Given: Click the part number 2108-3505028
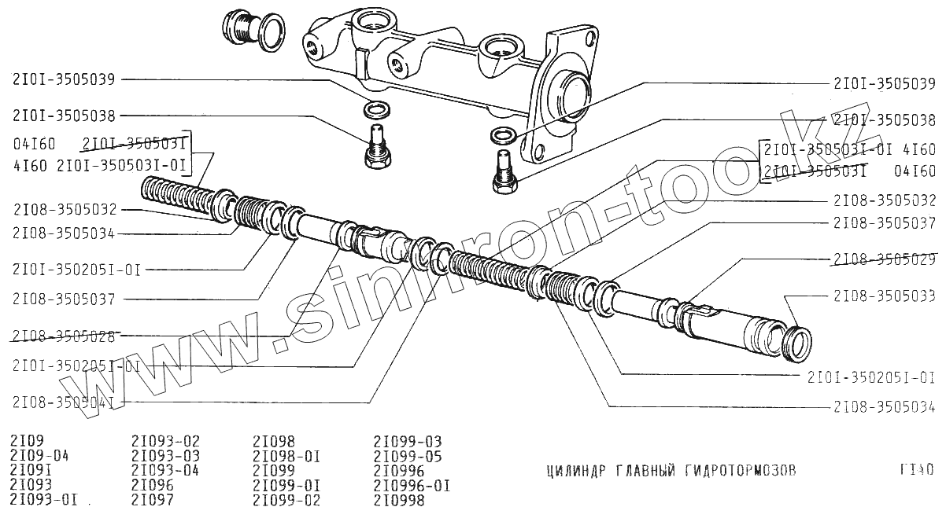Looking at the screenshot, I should tap(64, 336).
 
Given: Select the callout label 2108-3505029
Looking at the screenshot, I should tap(884, 259).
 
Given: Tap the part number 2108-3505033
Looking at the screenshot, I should tap(884, 296).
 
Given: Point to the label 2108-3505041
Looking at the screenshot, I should tap(64, 402).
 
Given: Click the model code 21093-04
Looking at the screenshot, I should tap(165, 471).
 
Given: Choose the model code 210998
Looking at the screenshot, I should tap(398, 500).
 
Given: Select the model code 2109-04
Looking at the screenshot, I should tap(40, 457).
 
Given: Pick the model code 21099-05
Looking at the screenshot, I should tap(407, 457).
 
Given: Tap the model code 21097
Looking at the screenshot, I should tap(153, 500).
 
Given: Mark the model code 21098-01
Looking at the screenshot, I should tap(286, 457).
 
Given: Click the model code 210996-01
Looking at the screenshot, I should tap(412, 486).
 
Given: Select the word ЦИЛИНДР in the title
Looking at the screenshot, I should tap(574, 471).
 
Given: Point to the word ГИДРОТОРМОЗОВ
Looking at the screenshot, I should tap(741, 471).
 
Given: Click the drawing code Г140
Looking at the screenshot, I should tap(916, 471).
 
